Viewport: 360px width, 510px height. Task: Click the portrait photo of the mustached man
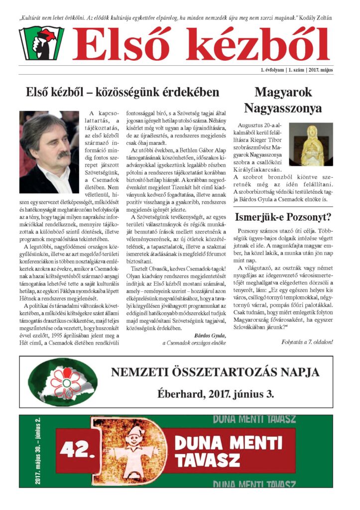pyautogui.click(x=49, y=152)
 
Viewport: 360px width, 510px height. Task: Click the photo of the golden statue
pyautogui.click(x=311, y=144)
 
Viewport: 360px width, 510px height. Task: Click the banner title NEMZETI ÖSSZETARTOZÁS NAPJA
pyautogui.click(x=215, y=372)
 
